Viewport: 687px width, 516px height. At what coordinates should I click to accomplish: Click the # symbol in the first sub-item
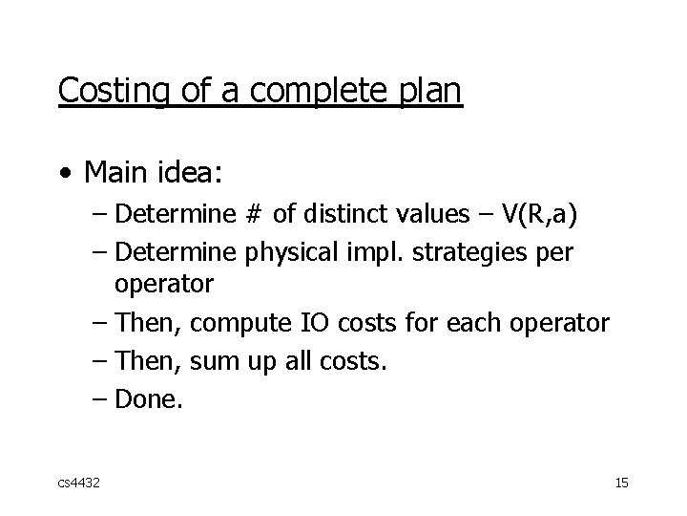pos(252,214)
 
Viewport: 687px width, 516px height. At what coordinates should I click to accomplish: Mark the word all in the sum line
pos(306,361)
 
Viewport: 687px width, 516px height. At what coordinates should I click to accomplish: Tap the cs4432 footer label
pos(77,484)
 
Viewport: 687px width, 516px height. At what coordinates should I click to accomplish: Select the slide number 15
pos(621,484)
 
